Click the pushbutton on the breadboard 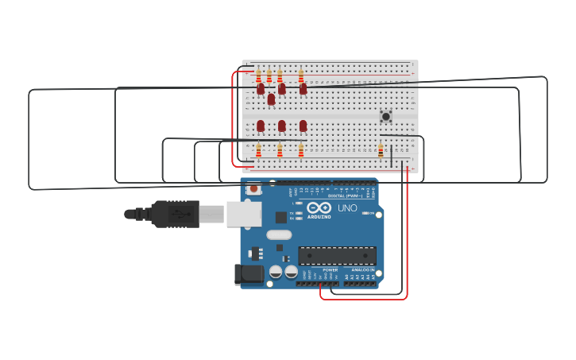coord(386,116)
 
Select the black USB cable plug coord(174,214)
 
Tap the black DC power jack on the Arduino coord(249,275)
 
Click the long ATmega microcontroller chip coord(337,256)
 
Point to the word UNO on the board coord(347,208)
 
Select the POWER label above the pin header coord(330,270)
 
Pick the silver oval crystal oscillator coord(279,234)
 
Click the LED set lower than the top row coord(271,99)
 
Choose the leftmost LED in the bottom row coord(261,126)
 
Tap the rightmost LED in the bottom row coord(303,126)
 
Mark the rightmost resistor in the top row coord(300,75)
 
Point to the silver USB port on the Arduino coord(244,214)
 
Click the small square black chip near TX coord(280,217)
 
